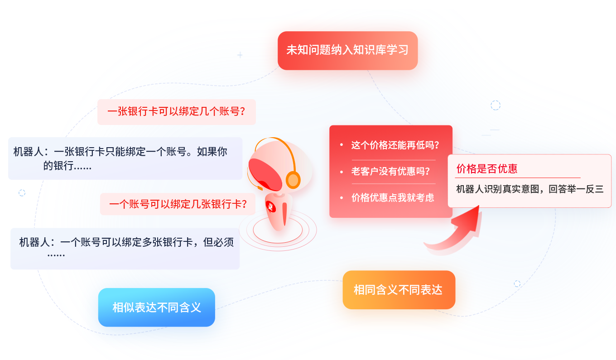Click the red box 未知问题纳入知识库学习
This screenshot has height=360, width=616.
[x=347, y=50]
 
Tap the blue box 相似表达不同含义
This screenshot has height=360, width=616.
[x=156, y=307]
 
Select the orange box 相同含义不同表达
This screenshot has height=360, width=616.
[x=399, y=290]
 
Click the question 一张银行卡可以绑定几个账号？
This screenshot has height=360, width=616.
[x=176, y=112]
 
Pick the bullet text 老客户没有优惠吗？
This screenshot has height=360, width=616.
[x=390, y=172]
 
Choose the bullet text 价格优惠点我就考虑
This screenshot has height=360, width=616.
[x=392, y=197]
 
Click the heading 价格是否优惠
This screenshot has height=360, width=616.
[x=487, y=169]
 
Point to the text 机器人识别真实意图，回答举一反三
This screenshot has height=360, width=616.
[x=529, y=189]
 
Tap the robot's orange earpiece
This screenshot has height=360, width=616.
[x=294, y=180]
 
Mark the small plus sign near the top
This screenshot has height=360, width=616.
[x=240, y=55]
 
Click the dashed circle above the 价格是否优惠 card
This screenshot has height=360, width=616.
[x=496, y=106]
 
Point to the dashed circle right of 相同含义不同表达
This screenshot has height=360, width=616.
[x=517, y=284]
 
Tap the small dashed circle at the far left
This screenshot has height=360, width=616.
[x=22, y=193]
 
